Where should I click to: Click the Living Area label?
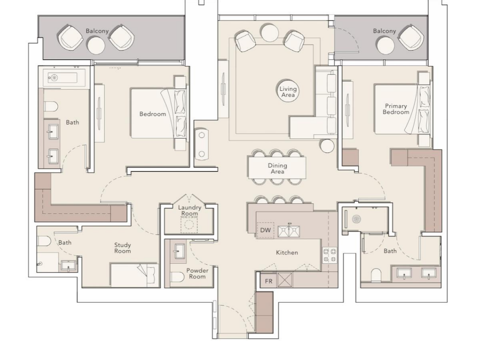[x=288, y=92]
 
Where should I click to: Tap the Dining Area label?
[x=277, y=169]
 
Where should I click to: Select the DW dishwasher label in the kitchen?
[x=265, y=230]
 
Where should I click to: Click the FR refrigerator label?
[x=268, y=281]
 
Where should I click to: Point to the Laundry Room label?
[x=190, y=210]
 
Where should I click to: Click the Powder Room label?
[x=197, y=273]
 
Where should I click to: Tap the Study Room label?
[x=122, y=248]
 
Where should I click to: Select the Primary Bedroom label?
[x=396, y=109]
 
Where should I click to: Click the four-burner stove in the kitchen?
[x=330, y=255]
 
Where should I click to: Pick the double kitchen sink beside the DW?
[x=289, y=231]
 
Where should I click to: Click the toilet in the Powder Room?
[x=178, y=277]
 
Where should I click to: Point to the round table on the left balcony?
[x=96, y=45]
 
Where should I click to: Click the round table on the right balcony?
[x=385, y=45]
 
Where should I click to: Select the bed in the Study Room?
[x=135, y=275]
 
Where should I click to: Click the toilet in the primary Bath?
[x=376, y=275]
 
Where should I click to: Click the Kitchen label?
[x=287, y=252]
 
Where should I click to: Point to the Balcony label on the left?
[x=97, y=31]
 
